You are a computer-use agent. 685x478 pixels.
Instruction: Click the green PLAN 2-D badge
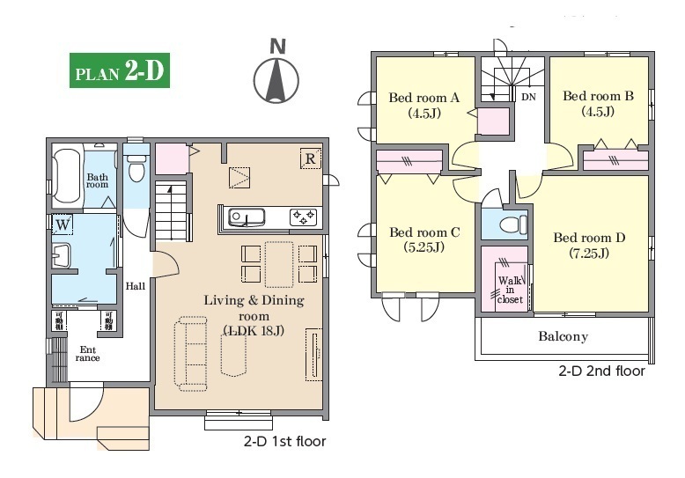(120, 70)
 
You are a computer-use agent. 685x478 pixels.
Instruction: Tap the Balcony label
(563, 336)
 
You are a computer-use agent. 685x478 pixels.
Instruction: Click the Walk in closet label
(511, 290)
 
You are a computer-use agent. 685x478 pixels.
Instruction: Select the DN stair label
(528, 97)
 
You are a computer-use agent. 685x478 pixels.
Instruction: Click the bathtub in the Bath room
(67, 177)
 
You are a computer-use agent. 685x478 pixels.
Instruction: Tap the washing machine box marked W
(63, 225)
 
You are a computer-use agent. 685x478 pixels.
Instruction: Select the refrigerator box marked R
(311, 158)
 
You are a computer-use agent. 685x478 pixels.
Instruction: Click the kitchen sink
(247, 217)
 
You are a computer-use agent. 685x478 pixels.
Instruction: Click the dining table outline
(279, 264)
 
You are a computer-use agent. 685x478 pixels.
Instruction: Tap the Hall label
(136, 287)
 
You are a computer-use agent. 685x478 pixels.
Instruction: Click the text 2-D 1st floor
(285, 441)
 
